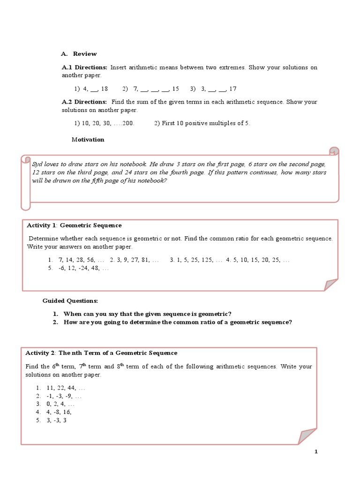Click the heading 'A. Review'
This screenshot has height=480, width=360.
click(x=79, y=54)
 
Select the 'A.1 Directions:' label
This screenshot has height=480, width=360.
click(x=85, y=67)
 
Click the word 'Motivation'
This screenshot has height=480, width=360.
click(x=88, y=140)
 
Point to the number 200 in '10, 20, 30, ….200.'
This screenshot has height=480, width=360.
click(x=128, y=123)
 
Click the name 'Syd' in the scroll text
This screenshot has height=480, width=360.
click(x=37, y=165)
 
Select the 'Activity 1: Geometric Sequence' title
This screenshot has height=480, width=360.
click(x=74, y=225)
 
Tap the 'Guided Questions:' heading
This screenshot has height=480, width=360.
click(x=70, y=300)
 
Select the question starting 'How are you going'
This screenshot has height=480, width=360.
click(x=178, y=322)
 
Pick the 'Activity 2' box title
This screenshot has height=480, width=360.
click(x=101, y=353)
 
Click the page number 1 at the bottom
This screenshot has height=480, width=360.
click(x=316, y=451)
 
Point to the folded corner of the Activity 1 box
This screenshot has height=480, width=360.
click(x=330, y=284)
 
